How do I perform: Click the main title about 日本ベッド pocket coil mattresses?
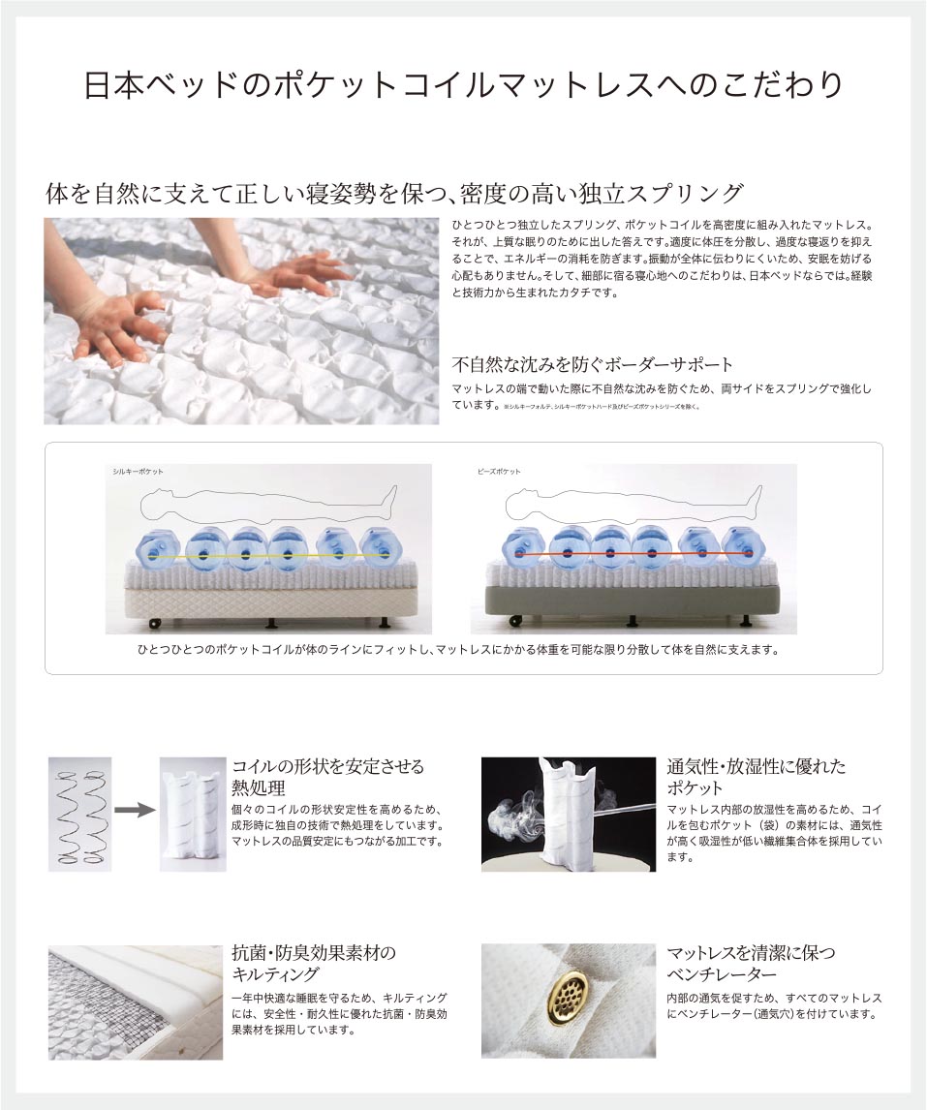click(463, 85)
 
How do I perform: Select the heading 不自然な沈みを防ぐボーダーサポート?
click(592, 365)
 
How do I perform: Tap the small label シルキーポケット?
click(138, 471)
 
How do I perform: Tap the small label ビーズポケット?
click(499, 471)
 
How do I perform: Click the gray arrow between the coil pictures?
click(135, 810)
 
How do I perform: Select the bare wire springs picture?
click(79, 814)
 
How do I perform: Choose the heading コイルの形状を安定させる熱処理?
click(327, 777)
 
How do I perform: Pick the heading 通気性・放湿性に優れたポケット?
click(756, 777)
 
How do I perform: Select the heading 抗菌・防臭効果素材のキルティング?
click(314, 963)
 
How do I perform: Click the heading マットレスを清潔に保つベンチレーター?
click(751, 963)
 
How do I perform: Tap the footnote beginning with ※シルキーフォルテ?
click(601, 407)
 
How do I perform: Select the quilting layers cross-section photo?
click(135, 1002)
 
